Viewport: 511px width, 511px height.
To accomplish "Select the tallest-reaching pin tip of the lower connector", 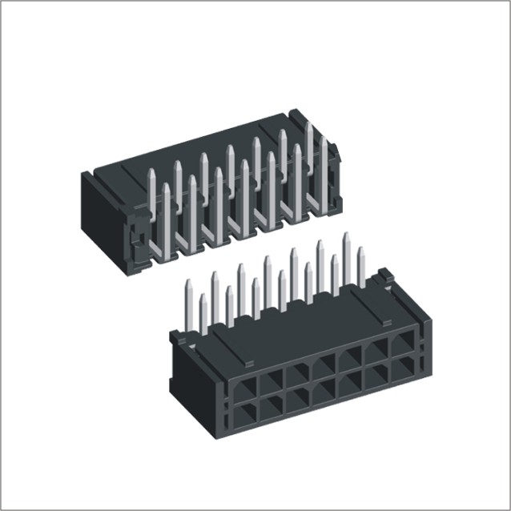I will (348, 237).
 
